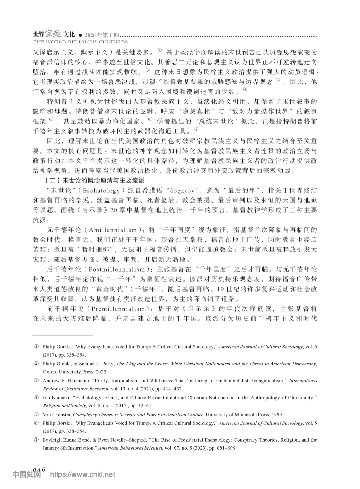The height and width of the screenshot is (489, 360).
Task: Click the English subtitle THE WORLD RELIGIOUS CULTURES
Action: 80,42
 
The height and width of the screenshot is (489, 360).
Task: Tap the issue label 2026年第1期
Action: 102,35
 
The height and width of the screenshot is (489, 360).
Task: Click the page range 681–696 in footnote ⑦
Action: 224,448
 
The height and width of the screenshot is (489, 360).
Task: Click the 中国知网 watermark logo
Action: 26,474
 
